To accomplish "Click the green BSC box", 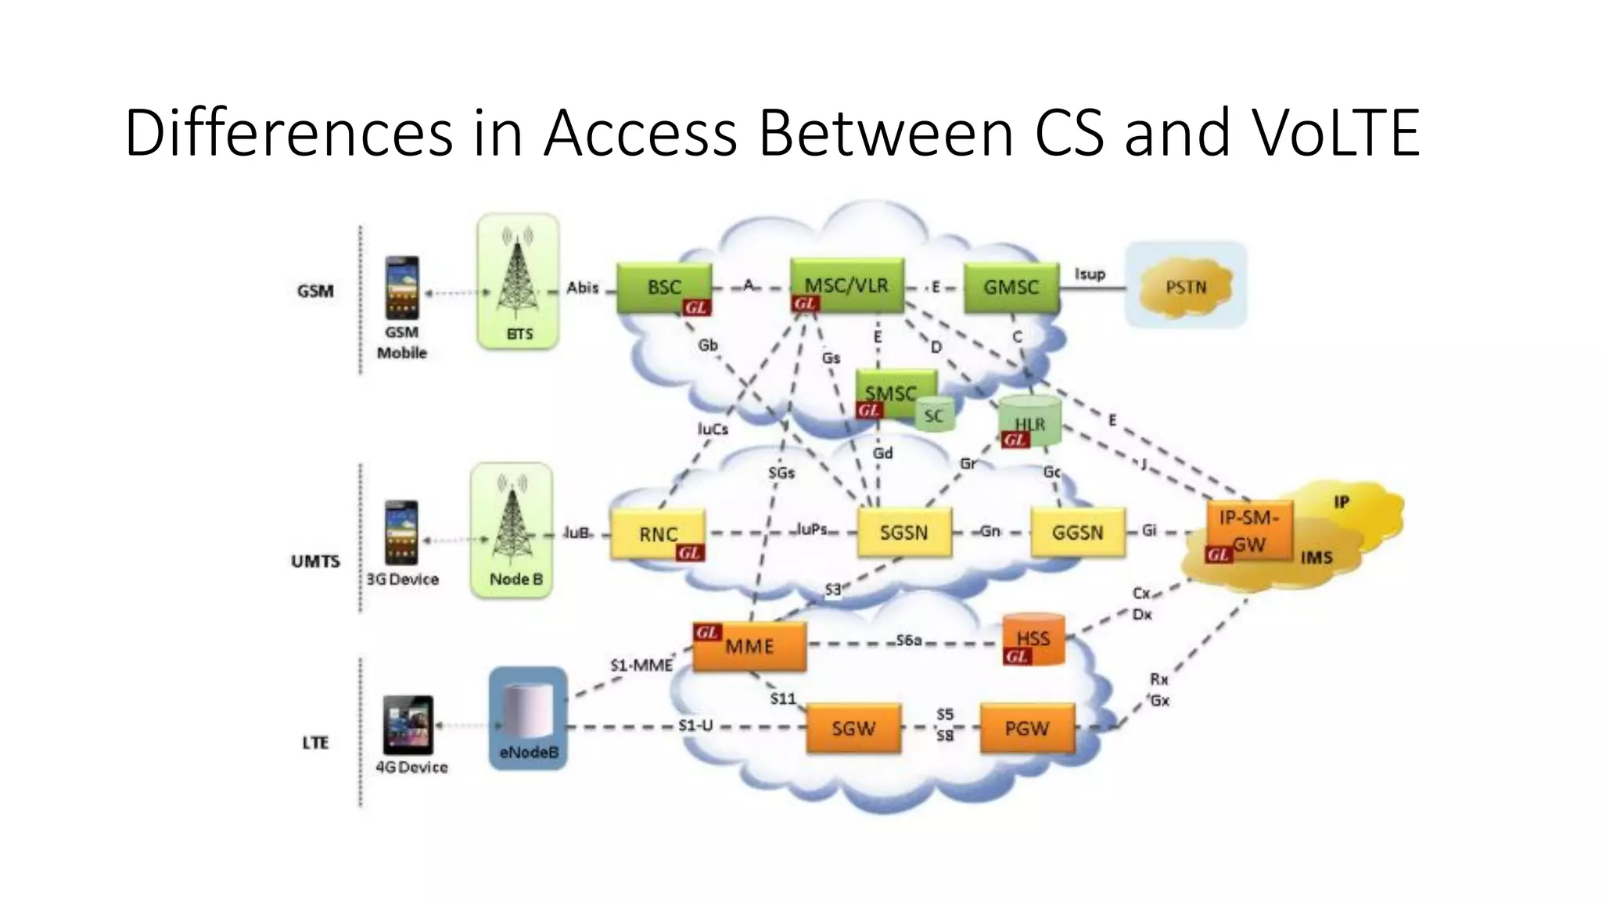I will [x=664, y=288].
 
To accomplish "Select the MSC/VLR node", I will [x=847, y=285].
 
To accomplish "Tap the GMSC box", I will [x=1011, y=288].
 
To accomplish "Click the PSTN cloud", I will [x=1186, y=288].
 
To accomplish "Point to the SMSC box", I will [x=891, y=392].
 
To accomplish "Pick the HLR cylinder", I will [x=1029, y=422].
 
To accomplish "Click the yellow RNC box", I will [x=657, y=534].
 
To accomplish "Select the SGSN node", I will [x=903, y=533].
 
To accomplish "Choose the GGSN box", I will [x=1077, y=533].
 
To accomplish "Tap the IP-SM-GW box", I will [x=1249, y=530].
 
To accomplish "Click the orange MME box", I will [x=749, y=647].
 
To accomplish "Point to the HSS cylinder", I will [x=1033, y=639].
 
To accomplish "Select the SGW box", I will [x=853, y=729].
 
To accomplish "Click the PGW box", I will [x=1026, y=729].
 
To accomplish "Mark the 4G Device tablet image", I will [x=408, y=725].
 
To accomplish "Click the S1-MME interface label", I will [x=641, y=666].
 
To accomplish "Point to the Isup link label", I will [x=1090, y=274].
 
